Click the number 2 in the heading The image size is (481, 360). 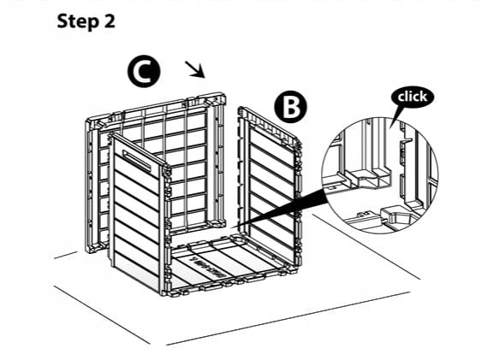pyautogui.click(x=109, y=21)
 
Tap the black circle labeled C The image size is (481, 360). pyautogui.click(x=144, y=71)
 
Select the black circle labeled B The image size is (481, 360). pyautogui.click(x=290, y=107)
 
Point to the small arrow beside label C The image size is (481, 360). pyautogui.click(x=195, y=69)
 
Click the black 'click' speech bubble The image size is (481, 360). pyautogui.click(x=413, y=97)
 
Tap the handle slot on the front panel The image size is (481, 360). pyautogui.click(x=136, y=160)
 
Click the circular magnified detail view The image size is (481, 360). pyautogui.click(x=380, y=175)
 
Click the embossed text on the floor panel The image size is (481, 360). pyautogui.click(x=208, y=267)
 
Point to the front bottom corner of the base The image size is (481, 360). pyautogui.click(x=167, y=295)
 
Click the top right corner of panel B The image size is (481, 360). pyautogui.click(x=300, y=143)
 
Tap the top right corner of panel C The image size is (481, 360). pyautogui.click(x=225, y=93)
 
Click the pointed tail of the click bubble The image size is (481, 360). pyautogui.click(x=390, y=128)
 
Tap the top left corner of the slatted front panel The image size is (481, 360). pyautogui.click(x=111, y=135)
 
